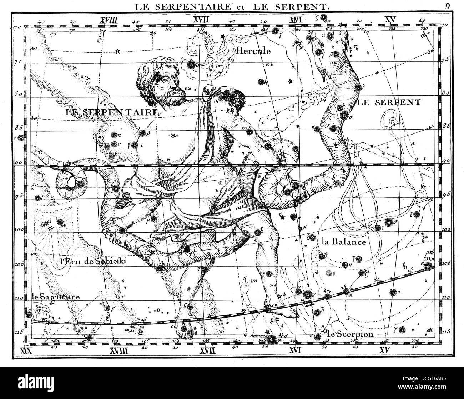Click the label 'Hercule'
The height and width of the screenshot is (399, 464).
253,51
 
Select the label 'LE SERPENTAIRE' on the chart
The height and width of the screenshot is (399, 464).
112,112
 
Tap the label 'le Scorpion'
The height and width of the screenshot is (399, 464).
350,334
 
